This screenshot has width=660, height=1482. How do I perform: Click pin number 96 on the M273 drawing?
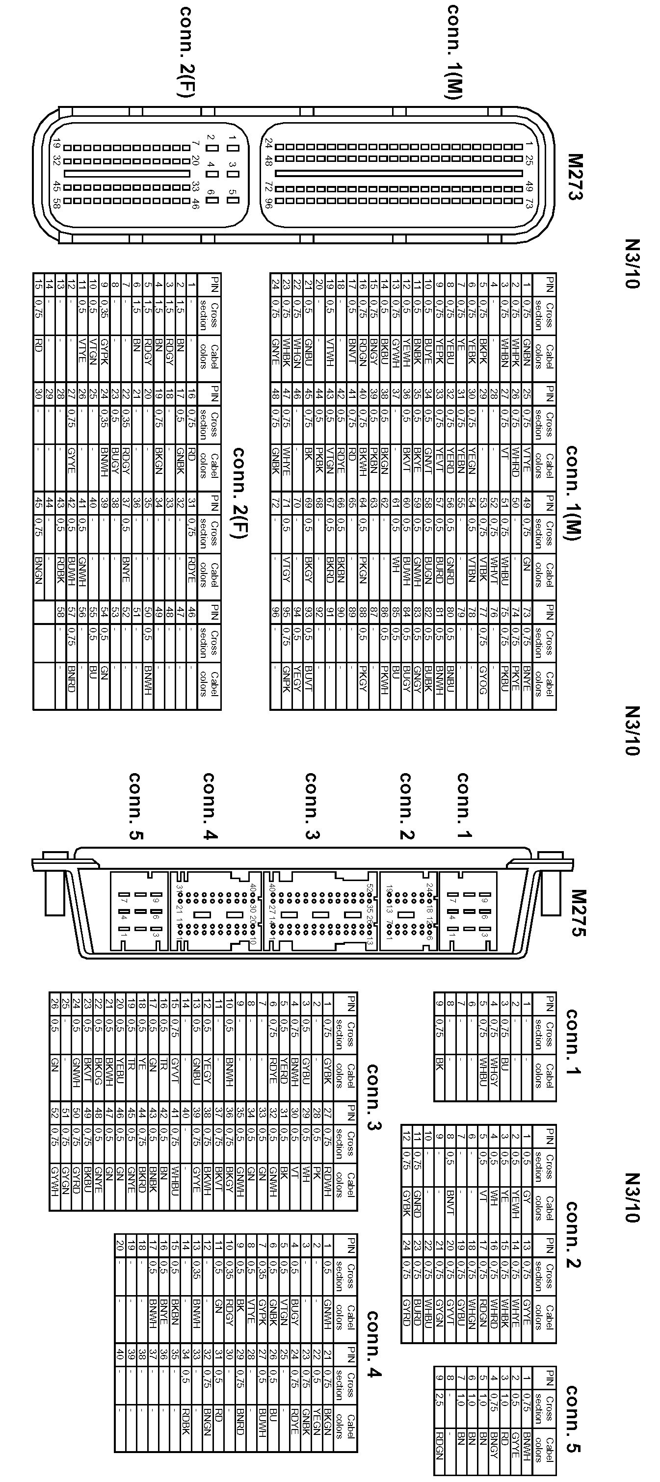(x=268, y=202)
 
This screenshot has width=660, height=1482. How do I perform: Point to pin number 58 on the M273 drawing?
(x=56, y=203)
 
